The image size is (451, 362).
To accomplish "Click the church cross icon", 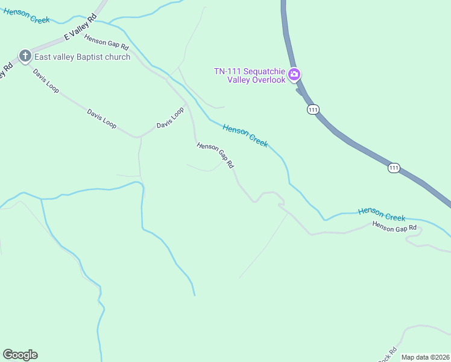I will pyautogui.click(x=25, y=57).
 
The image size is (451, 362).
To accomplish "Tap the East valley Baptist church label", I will pyautogui.click(x=83, y=57).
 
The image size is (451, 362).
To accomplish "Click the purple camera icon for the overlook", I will pyautogui.click(x=294, y=75).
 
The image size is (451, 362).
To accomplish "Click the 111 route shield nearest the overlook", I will pyautogui.click(x=312, y=109).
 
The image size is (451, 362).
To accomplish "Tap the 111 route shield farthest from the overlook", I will pyautogui.click(x=394, y=168).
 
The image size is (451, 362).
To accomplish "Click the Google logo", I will pyautogui.click(x=20, y=355).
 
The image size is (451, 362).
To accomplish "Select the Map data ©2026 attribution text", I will pyautogui.click(x=426, y=357).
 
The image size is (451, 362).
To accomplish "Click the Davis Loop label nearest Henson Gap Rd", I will pyautogui.click(x=170, y=118).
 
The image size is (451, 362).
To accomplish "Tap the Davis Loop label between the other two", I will pyautogui.click(x=101, y=118).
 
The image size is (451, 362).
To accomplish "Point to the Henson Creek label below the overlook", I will pyautogui.click(x=245, y=135).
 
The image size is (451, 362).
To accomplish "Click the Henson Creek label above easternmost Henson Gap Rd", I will pyautogui.click(x=382, y=214).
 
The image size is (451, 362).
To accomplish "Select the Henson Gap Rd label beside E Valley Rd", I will pyautogui.click(x=107, y=42).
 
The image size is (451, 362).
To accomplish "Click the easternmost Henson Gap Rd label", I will pyautogui.click(x=394, y=227).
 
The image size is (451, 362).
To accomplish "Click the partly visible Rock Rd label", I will pyautogui.click(x=387, y=355).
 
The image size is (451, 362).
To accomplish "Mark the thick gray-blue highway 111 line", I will pyautogui.click(x=350, y=142).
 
